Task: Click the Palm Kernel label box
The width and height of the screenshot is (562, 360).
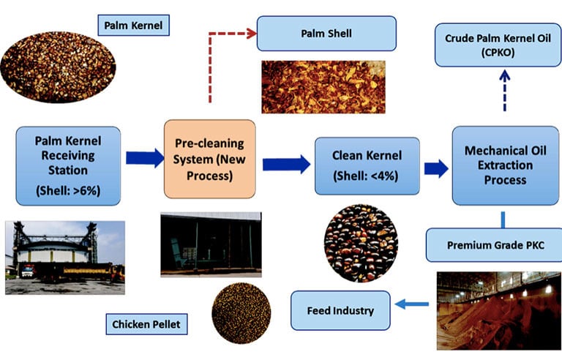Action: [x=133, y=25]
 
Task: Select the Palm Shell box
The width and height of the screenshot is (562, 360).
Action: [x=326, y=34]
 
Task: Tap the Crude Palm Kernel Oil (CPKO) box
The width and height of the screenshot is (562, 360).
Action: [x=498, y=45]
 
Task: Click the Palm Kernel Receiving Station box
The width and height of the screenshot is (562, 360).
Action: [x=68, y=165]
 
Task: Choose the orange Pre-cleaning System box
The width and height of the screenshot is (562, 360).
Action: [x=210, y=159]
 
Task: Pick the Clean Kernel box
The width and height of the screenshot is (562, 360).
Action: [x=367, y=165]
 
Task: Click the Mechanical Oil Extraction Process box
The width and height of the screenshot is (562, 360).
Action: [x=506, y=165]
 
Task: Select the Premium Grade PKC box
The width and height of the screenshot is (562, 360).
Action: [x=495, y=245]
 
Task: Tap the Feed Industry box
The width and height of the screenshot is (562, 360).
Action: [x=340, y=310]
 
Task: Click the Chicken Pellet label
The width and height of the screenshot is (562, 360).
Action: [x=146, y=324]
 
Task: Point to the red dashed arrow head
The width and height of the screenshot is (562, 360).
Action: [x=251, y=34]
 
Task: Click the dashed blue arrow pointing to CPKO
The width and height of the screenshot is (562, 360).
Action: [x=505, y=90]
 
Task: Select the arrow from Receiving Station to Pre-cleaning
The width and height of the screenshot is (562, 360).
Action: [x=145, y=158]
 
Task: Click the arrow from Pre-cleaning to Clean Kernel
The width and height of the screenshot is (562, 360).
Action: [x=286, y=165]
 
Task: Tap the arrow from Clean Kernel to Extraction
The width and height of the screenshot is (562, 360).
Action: [x=436, y=168]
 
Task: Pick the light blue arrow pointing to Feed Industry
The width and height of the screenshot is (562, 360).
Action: [x=411, y=304]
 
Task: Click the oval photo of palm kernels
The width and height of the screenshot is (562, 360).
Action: [x=58, y=67]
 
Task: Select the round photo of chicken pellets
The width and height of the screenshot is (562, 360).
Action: [x=241, y=313]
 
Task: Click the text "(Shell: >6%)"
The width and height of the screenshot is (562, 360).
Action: [x=68, y=190]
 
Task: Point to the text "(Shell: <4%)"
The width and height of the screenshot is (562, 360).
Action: [x=366, y=176]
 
